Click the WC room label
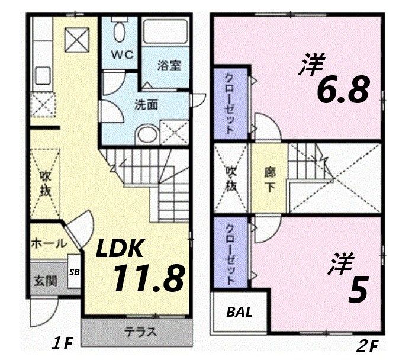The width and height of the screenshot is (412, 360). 123,54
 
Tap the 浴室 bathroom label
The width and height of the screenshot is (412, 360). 168,66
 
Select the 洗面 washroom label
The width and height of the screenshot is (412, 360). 146,105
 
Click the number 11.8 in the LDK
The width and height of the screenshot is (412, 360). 147,278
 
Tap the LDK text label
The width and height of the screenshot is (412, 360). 120,248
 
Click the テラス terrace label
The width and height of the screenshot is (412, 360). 140,332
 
